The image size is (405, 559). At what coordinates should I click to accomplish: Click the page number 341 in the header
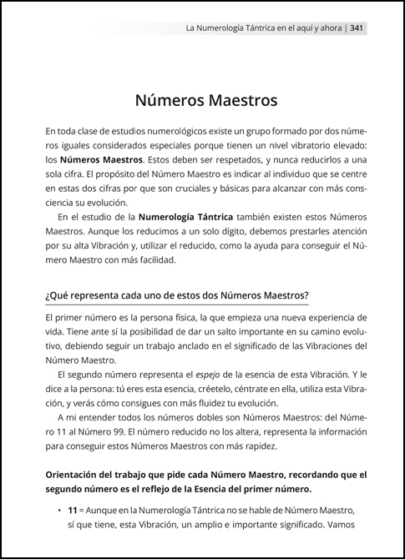coord(356,28)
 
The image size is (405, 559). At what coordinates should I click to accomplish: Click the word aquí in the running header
coord(289,28)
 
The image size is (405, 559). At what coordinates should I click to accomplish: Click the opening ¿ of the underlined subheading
coord(48,296)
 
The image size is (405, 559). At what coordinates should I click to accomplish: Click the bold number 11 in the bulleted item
coord(73,511)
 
